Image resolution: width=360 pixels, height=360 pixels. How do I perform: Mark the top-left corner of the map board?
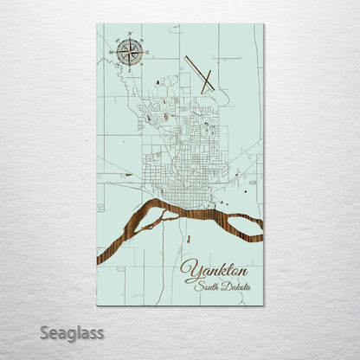click(x=97, y=24)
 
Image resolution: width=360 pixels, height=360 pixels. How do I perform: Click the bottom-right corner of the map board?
click(x=263, y=305)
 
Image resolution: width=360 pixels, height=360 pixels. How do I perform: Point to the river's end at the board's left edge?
click(x=99, y=257)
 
